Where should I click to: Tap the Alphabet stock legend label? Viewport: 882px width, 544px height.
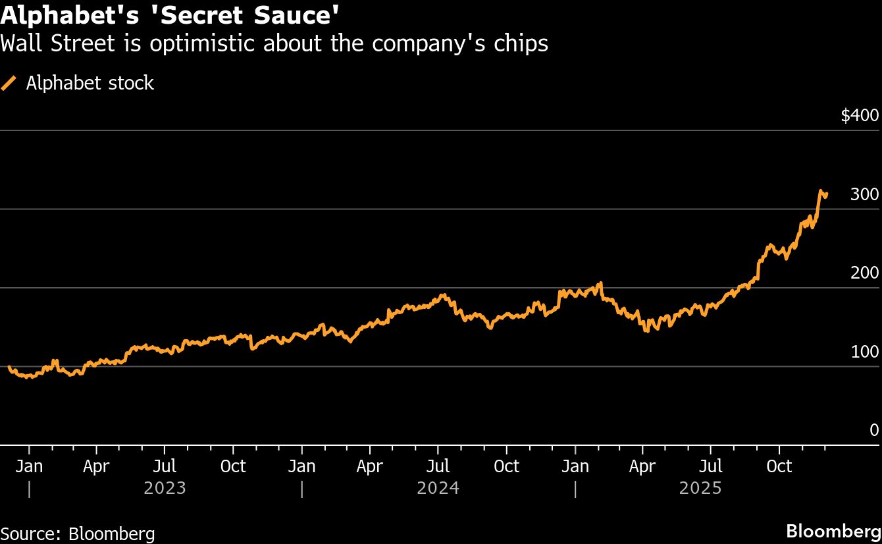90,83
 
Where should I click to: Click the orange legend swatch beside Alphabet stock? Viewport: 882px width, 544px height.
9,83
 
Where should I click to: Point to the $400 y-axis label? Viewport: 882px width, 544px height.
860,116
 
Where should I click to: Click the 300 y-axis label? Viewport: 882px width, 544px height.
865,194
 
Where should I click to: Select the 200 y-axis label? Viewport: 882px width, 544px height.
865,273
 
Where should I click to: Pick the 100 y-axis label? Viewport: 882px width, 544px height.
865,352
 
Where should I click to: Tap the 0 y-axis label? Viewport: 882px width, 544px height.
874,430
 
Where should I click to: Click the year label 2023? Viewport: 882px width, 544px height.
165,489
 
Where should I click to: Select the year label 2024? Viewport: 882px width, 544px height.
438,489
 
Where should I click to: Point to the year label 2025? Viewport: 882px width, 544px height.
700,489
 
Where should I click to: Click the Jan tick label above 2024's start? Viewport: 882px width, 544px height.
301,466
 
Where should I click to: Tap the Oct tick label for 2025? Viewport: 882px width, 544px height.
779,466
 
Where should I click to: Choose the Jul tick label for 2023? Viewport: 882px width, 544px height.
165,466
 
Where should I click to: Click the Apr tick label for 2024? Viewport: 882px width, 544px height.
370,466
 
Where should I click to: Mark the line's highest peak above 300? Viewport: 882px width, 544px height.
821,191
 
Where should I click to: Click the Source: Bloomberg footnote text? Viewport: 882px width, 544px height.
78,533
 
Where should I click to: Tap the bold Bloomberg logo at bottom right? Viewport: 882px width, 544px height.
834,531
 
